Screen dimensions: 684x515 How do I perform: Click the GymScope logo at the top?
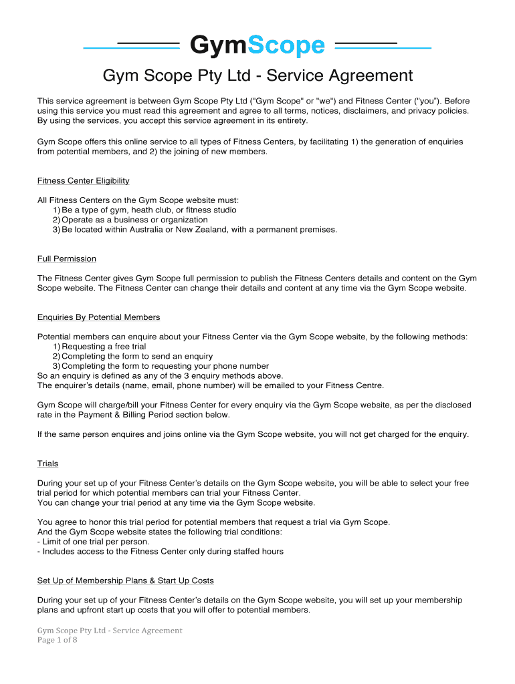(x=257, y=46)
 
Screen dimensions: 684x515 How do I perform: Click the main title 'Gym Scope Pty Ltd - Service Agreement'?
(x=257, y=76)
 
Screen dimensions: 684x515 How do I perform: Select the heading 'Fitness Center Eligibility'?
(x=84, y=181)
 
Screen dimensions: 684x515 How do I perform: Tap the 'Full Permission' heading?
(x=67, y=259)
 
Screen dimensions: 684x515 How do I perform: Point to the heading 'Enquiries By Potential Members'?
(x=99, y=317)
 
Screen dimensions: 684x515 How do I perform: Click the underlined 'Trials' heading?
(x=48, y=464)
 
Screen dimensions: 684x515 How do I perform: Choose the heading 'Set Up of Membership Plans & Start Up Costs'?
(x=126, y=580)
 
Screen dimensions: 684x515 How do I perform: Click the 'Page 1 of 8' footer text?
(x=58, y=640)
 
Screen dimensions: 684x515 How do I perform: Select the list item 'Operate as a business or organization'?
(x=134, y=220)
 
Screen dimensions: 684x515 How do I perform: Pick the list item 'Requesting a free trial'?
(x=104, y=347)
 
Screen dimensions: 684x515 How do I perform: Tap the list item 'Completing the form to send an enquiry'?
(x=137, y=356)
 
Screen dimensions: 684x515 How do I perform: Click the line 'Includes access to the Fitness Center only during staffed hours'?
(x=161, y=552)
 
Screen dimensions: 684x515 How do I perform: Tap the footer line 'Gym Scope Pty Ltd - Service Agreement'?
(x=110, y=631)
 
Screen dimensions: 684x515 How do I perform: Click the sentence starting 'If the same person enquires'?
(x=253, y=434)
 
